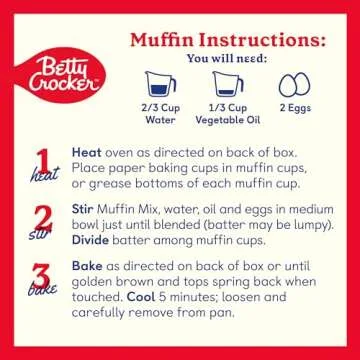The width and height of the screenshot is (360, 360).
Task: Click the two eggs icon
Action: (295, 86)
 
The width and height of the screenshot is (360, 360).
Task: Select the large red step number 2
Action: (40, 219)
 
